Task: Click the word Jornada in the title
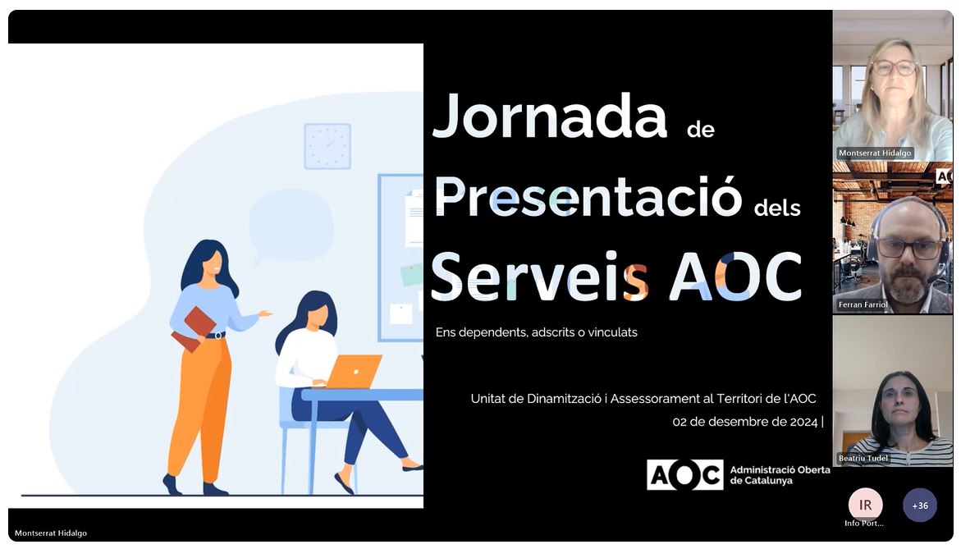point(550,117)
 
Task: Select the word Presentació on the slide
point(588,196)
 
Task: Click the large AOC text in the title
point(735,277)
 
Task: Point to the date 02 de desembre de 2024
point(744,422)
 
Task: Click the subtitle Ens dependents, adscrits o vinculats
point(536,332)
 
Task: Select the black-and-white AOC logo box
point(684,475)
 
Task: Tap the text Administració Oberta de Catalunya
point(780,475)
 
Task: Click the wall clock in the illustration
point(327,146)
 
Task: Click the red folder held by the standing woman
point(194,328)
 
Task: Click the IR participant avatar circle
point(865,505)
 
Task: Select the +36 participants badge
point(919,506)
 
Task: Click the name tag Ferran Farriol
point(863,304)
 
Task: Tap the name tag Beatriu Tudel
point(863,458)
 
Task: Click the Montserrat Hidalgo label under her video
point(875,153)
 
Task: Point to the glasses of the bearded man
point(909,249)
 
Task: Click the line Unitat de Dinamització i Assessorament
point(643,398)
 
